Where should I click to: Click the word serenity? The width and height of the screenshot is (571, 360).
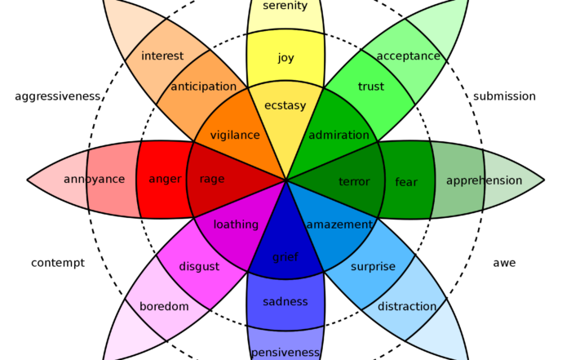(x=285, y=7)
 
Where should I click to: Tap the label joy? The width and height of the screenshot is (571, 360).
(x=285, y=58)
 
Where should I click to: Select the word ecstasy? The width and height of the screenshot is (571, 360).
(x=285, y=104)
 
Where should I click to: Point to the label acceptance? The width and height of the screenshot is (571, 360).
(x=408, y=56)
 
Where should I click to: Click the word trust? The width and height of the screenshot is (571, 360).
(x=371, y=87)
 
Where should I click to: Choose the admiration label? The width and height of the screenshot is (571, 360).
(x=339, y=136)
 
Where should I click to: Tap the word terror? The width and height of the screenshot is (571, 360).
(x=354, y=182)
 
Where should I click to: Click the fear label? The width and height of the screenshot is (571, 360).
(x=406, y=182)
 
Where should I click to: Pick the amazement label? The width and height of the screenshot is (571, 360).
(x=339, y=224)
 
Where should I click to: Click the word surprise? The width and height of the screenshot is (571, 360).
(x=373, y=267)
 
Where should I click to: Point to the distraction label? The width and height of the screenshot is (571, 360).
(x=407, y=307)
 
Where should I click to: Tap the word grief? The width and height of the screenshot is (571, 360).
(x=285, y=258)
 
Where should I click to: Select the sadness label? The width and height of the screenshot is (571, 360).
(x=285, y=302)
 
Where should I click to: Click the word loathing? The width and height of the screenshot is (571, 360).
(x=236, y=224)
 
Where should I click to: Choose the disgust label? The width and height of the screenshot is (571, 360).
(x=199, y=267)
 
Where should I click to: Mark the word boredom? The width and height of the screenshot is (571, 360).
(x=164, y=307)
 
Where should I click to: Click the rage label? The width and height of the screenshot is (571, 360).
(x=212, y=180)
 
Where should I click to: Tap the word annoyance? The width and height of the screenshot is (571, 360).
(x=95, y=180)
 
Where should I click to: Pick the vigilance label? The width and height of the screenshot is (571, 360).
(x=235, y=136)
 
